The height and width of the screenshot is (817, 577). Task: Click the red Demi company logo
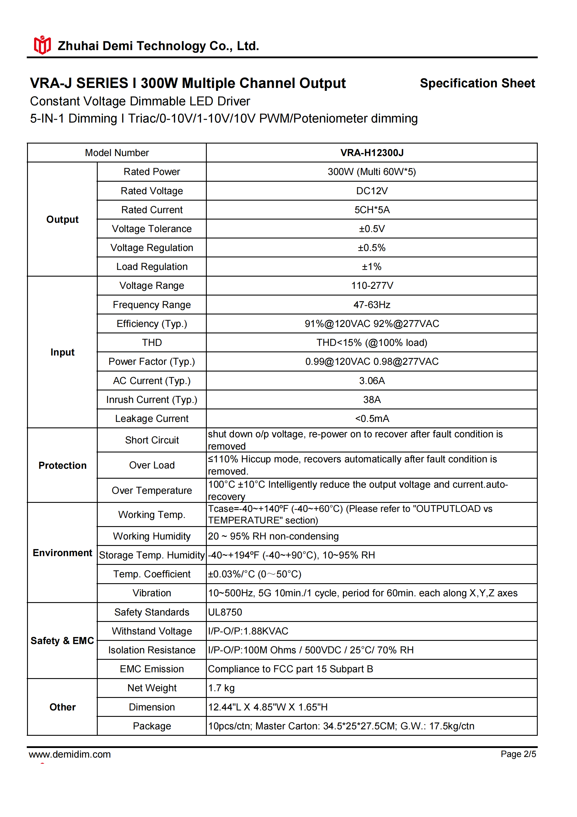tap(42, 45)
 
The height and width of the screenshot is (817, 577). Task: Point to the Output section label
tap(62, 219)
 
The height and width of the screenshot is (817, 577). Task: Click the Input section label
tap(62, 352)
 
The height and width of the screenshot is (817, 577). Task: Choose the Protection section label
tap(62, 466)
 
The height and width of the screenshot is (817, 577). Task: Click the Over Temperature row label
tap(152, 490)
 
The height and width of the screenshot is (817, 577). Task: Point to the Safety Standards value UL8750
tap(225, 612)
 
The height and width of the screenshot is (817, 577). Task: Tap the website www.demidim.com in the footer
tap(70, 754)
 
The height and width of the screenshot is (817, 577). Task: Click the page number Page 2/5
tap(518, 754)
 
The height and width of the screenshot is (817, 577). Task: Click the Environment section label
tap(62, 553)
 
